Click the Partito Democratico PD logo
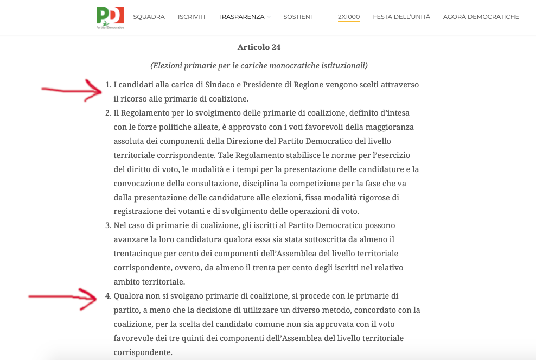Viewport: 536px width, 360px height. (x=110, y=17)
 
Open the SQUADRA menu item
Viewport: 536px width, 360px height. (x=149, y=17)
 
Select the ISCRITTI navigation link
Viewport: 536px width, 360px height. (x=192, y=17)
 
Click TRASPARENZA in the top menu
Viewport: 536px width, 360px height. (x=241, y=17)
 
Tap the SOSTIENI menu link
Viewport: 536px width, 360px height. (x=297, y=17)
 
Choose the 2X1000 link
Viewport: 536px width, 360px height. (x=349, y=17)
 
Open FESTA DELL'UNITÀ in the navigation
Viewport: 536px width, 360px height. (x=401, y=17)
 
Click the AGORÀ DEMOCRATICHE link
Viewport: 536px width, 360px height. (x=481, y=17)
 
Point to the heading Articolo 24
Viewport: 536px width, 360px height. (x=259, y=47)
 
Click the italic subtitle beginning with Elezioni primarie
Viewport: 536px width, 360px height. (x=259, y=66)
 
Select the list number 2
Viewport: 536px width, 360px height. (x=107, y=113)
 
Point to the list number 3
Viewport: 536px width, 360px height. (x=107, y=225)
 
